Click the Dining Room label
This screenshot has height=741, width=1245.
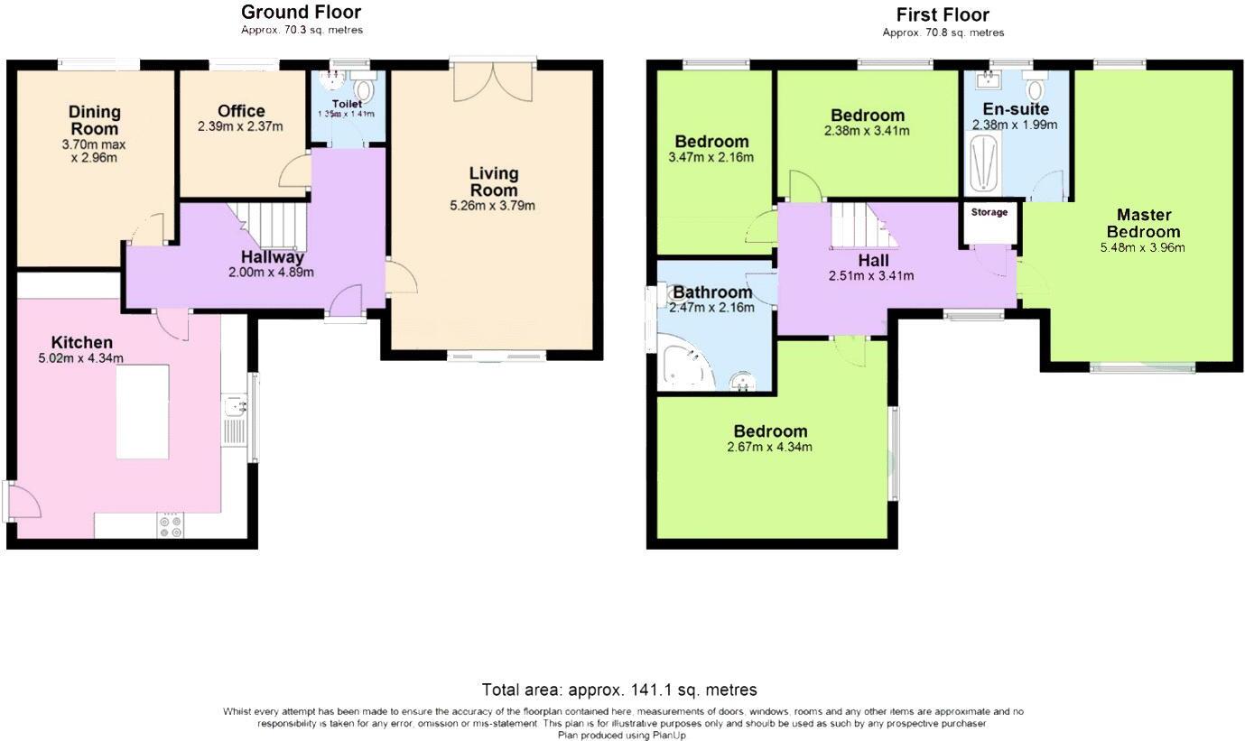pos(95,120)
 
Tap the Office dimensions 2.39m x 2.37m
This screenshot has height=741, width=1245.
pos(241,126)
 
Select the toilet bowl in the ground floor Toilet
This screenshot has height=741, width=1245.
pos(365,90)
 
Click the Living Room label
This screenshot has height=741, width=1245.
pos(494,181)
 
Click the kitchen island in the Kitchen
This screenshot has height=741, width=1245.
pos(143,411)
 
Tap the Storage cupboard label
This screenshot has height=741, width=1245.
pos(989,213)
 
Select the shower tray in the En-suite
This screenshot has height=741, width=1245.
pos(982,162)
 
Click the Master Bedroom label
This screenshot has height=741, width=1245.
pos(1143,223)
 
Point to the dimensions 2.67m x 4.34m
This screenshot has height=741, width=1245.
pos(770,447)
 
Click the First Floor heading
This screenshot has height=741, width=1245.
pos(942,14)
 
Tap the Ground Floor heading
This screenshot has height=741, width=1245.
pos(301,13)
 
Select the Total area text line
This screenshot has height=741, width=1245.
pos(618,690)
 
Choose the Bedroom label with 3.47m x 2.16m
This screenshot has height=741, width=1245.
pos(711,142)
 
